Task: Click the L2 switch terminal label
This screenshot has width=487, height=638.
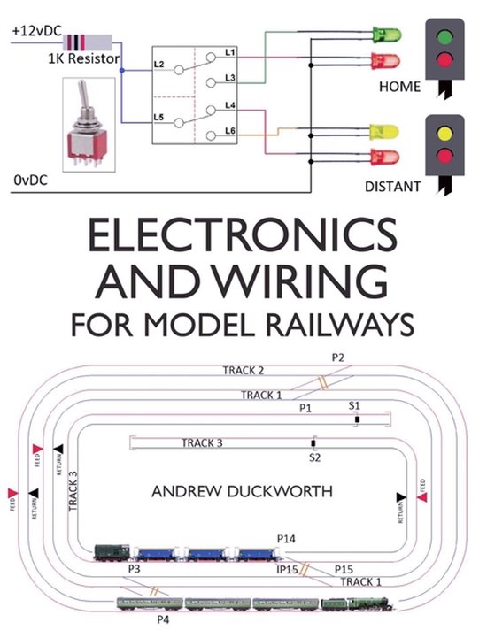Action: (x=160, y=65)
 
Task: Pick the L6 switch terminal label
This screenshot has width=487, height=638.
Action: (x=228, y=131)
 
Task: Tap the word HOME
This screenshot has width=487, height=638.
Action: (x=400, y=88)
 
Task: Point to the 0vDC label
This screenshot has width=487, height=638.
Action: (x=30, y=180)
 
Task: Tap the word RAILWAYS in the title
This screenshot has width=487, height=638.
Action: (x=339, y=323)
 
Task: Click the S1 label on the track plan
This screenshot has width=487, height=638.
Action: (x=354, y=404)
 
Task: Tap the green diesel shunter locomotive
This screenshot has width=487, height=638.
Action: (x=112, y=553)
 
